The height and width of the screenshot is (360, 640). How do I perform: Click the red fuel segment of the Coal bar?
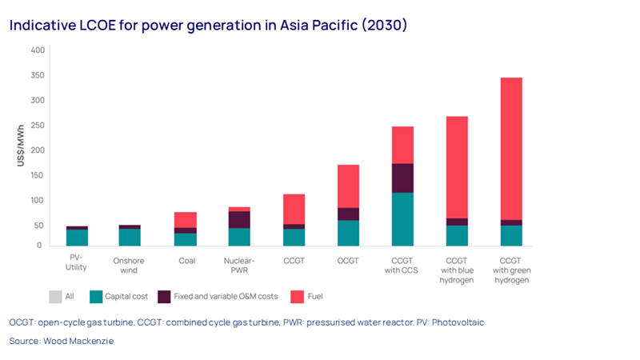pos(186,220)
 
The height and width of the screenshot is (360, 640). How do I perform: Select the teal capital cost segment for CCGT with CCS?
pos(402,219)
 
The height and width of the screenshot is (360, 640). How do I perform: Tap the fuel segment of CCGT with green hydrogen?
pos(511,148)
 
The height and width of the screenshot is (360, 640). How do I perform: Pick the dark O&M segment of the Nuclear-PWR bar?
pos(239,219)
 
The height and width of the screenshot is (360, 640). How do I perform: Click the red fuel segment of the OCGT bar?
pos(348,186)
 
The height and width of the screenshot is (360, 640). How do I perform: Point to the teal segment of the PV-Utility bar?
pos(77,238)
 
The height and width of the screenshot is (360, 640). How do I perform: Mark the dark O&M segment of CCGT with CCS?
pos(402,178)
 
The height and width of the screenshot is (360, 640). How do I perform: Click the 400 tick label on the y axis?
pos(37,50)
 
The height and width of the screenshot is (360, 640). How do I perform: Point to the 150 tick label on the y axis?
pos(37,175)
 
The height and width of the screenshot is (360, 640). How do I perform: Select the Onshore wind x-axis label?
pos(130,264)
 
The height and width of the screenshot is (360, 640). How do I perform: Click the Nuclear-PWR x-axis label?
pos(239,264)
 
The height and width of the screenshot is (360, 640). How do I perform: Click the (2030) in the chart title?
pos(383,25)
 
